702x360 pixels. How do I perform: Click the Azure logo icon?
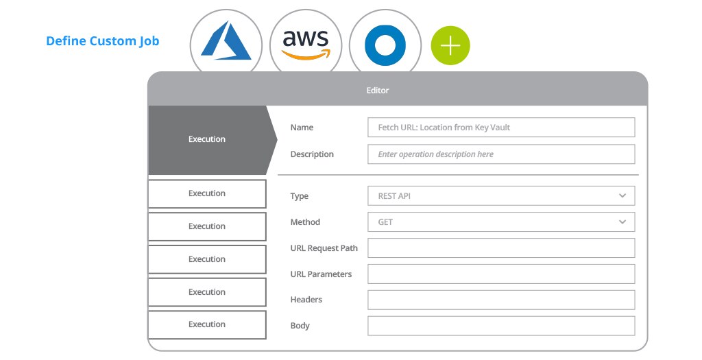tap(226, 40)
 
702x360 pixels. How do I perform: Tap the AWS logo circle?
tap(306, 45)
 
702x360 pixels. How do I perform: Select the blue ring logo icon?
tap(385, 45)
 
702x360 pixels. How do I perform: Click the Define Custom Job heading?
tap(103, 40)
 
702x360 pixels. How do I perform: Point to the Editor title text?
tap(378, 91)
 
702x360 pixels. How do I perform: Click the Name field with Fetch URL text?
tap(501, 127)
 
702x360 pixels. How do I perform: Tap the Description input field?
tap(501, 154)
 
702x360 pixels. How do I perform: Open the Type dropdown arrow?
tap(622, 195)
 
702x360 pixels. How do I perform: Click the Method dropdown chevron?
tap(622, 221)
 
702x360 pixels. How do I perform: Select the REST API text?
tap(394, 196)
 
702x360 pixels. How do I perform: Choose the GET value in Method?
tap(385, 222)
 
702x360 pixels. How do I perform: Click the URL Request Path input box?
tap(501, 248)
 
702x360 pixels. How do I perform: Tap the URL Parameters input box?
tap(501, 274)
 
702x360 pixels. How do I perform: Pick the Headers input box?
tap(501, 300)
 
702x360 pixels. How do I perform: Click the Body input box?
tap(501, 326)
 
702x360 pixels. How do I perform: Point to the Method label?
tap(305, 222)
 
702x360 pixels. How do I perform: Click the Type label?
tap(299, 196)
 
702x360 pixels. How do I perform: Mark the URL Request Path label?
tap(324, 248)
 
